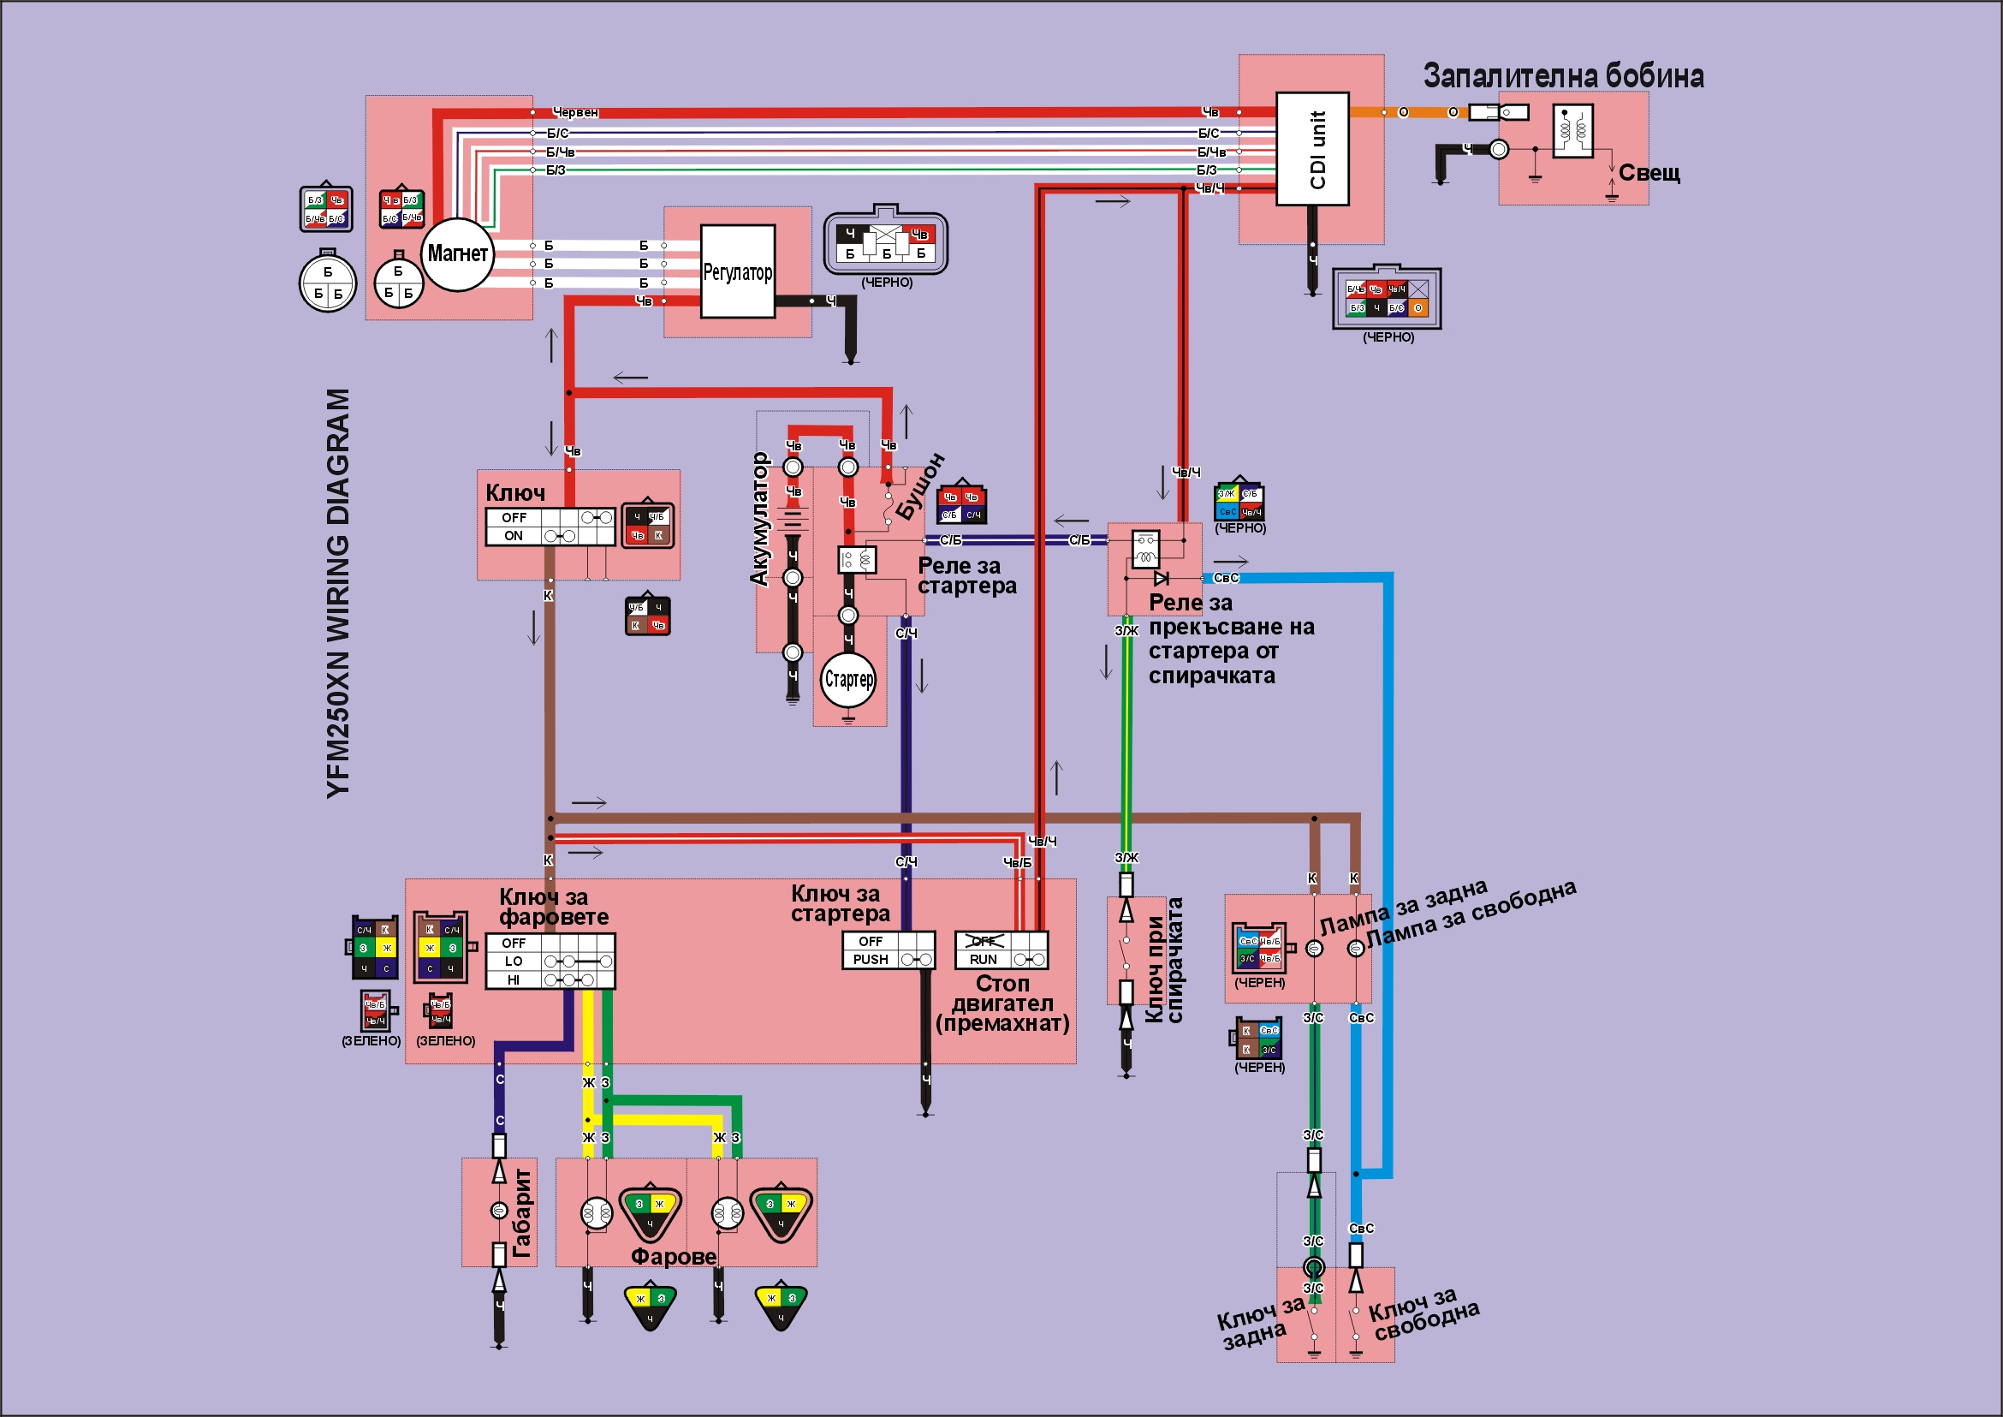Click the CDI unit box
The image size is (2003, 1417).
click(x=1312, y=149)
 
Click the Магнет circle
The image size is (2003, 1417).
click(x=456, y=254)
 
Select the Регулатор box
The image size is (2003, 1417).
click(x=737, y=272)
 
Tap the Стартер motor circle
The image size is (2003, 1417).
click(x=848, y=679)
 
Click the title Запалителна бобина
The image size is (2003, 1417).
click(x=1563, y=76)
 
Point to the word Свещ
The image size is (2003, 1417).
click(x=1649, y=173)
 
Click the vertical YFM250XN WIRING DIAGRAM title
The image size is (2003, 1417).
click(x=337, y=593)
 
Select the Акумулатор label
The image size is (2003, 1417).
click(x=760, y=518)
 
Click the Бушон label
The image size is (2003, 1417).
click(x=920, y=486)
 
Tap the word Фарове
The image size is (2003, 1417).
click(x=674, y=1256)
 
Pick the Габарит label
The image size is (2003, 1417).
click(x=521, y=1213)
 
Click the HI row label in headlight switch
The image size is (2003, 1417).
click(x=513, y=979)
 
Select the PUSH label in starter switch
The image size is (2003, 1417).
click(x=871, y=960)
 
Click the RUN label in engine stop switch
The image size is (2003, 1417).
click(x=984, y=960)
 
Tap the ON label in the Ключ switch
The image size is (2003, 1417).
click(x=514, y=536)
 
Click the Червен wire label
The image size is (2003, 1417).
click(x=576, y=112)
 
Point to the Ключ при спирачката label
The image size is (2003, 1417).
click(x=1164, y=960)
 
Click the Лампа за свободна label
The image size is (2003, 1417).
click(x=1471, y=914)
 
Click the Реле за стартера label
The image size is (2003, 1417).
click(x=966, y=576)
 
